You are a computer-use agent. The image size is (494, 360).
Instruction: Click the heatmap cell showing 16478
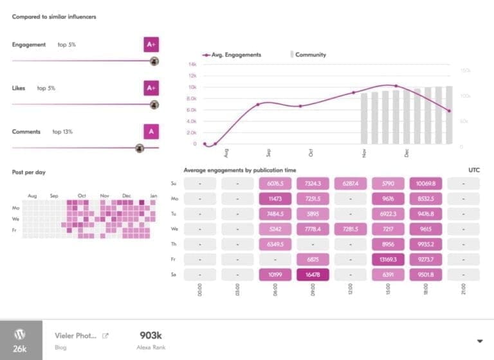pos(313,274)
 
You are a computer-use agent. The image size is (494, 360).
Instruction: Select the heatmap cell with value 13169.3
pos(388,260)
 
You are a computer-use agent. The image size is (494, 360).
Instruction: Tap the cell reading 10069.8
pos(425,184)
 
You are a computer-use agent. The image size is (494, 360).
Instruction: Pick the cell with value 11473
pos(275,199)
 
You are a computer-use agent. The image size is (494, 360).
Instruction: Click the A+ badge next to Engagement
pos(151,45)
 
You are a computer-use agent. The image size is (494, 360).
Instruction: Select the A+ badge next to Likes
pos(151,88)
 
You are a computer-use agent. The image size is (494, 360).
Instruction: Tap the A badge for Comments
pos(151,132)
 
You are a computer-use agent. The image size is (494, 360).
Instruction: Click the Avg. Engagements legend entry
pos(232,55)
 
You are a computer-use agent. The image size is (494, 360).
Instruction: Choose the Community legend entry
pos(309,55)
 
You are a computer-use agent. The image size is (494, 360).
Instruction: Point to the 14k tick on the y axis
pos(192,64)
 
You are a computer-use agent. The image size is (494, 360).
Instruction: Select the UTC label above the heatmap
pos(475,170)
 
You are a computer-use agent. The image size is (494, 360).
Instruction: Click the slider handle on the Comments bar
pos(139,148)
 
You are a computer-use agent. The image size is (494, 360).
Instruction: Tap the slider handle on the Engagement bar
pos(154,61)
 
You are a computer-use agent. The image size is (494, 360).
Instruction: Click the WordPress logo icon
pos(21,334)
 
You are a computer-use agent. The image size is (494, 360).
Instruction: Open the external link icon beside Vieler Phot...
pos(105,335)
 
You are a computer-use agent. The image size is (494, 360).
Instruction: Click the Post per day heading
pos(29,172)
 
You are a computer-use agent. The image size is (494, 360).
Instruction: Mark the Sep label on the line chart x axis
pos(268,153)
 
